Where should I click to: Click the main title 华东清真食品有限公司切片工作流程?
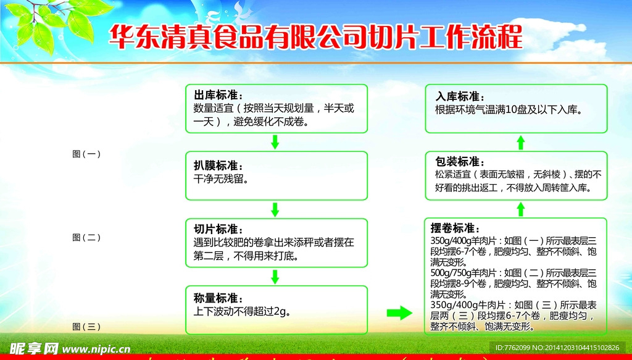[315, 37]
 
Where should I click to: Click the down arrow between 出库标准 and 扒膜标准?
[275, 142]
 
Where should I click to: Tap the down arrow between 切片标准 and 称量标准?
[275, 276]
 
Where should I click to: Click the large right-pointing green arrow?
[398, 313]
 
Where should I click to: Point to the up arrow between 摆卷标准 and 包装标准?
[520, 209]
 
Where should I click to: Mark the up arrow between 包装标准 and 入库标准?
[520, 142]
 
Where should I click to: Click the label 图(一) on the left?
[86, 154]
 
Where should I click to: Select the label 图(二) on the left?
[86, 237]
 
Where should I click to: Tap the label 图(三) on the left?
[86, 327]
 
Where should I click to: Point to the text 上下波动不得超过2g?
[242, 311]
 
